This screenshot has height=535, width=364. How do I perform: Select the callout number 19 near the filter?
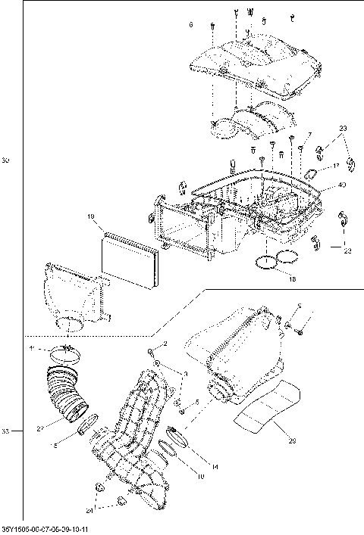tap(90, 217)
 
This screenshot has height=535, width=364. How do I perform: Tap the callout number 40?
tap(343, 184)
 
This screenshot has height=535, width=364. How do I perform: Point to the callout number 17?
tap(335, 165)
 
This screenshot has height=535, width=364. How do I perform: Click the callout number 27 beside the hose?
tap(39, 429)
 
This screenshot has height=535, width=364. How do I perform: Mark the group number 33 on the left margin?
tap(5, 431)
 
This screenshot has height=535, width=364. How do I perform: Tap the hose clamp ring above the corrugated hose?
tap(65, 351)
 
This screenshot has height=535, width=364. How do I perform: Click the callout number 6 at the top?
tap(191, 25)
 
